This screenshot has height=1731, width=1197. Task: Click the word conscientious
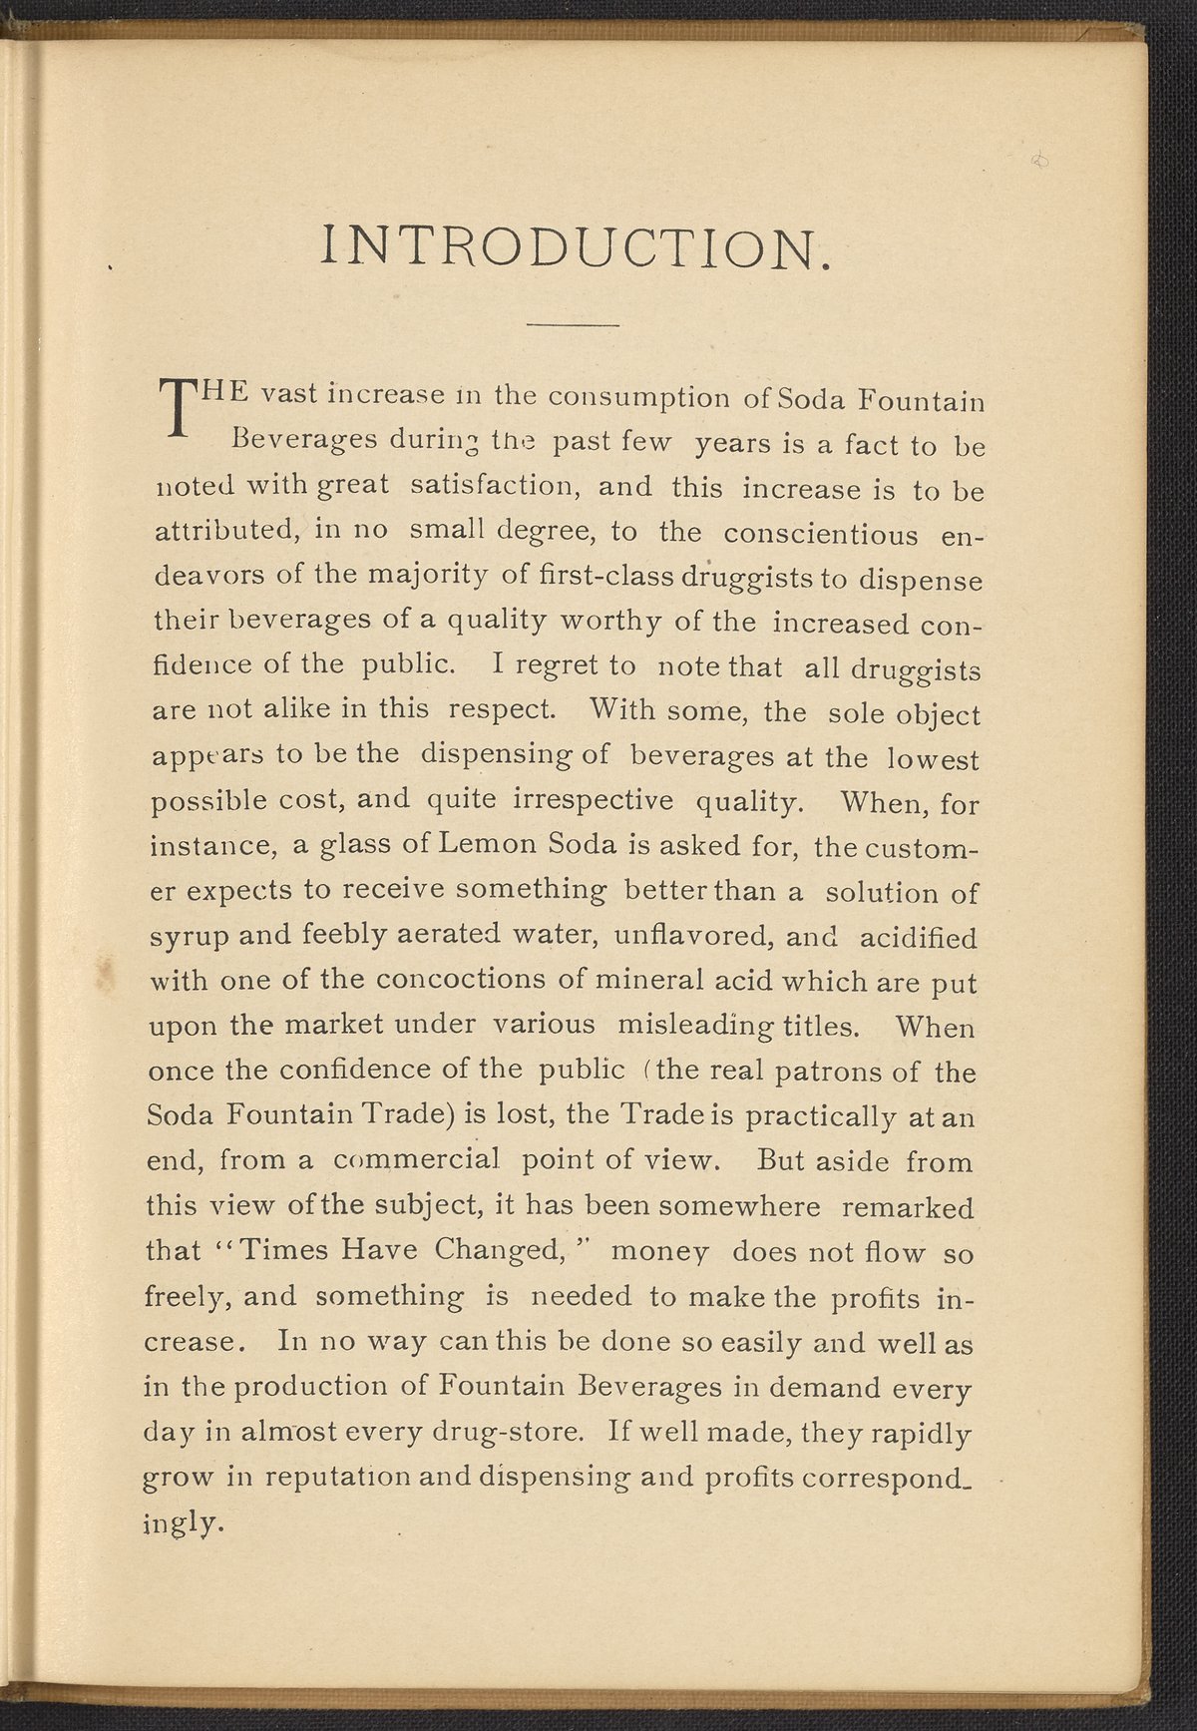pos(821,534)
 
